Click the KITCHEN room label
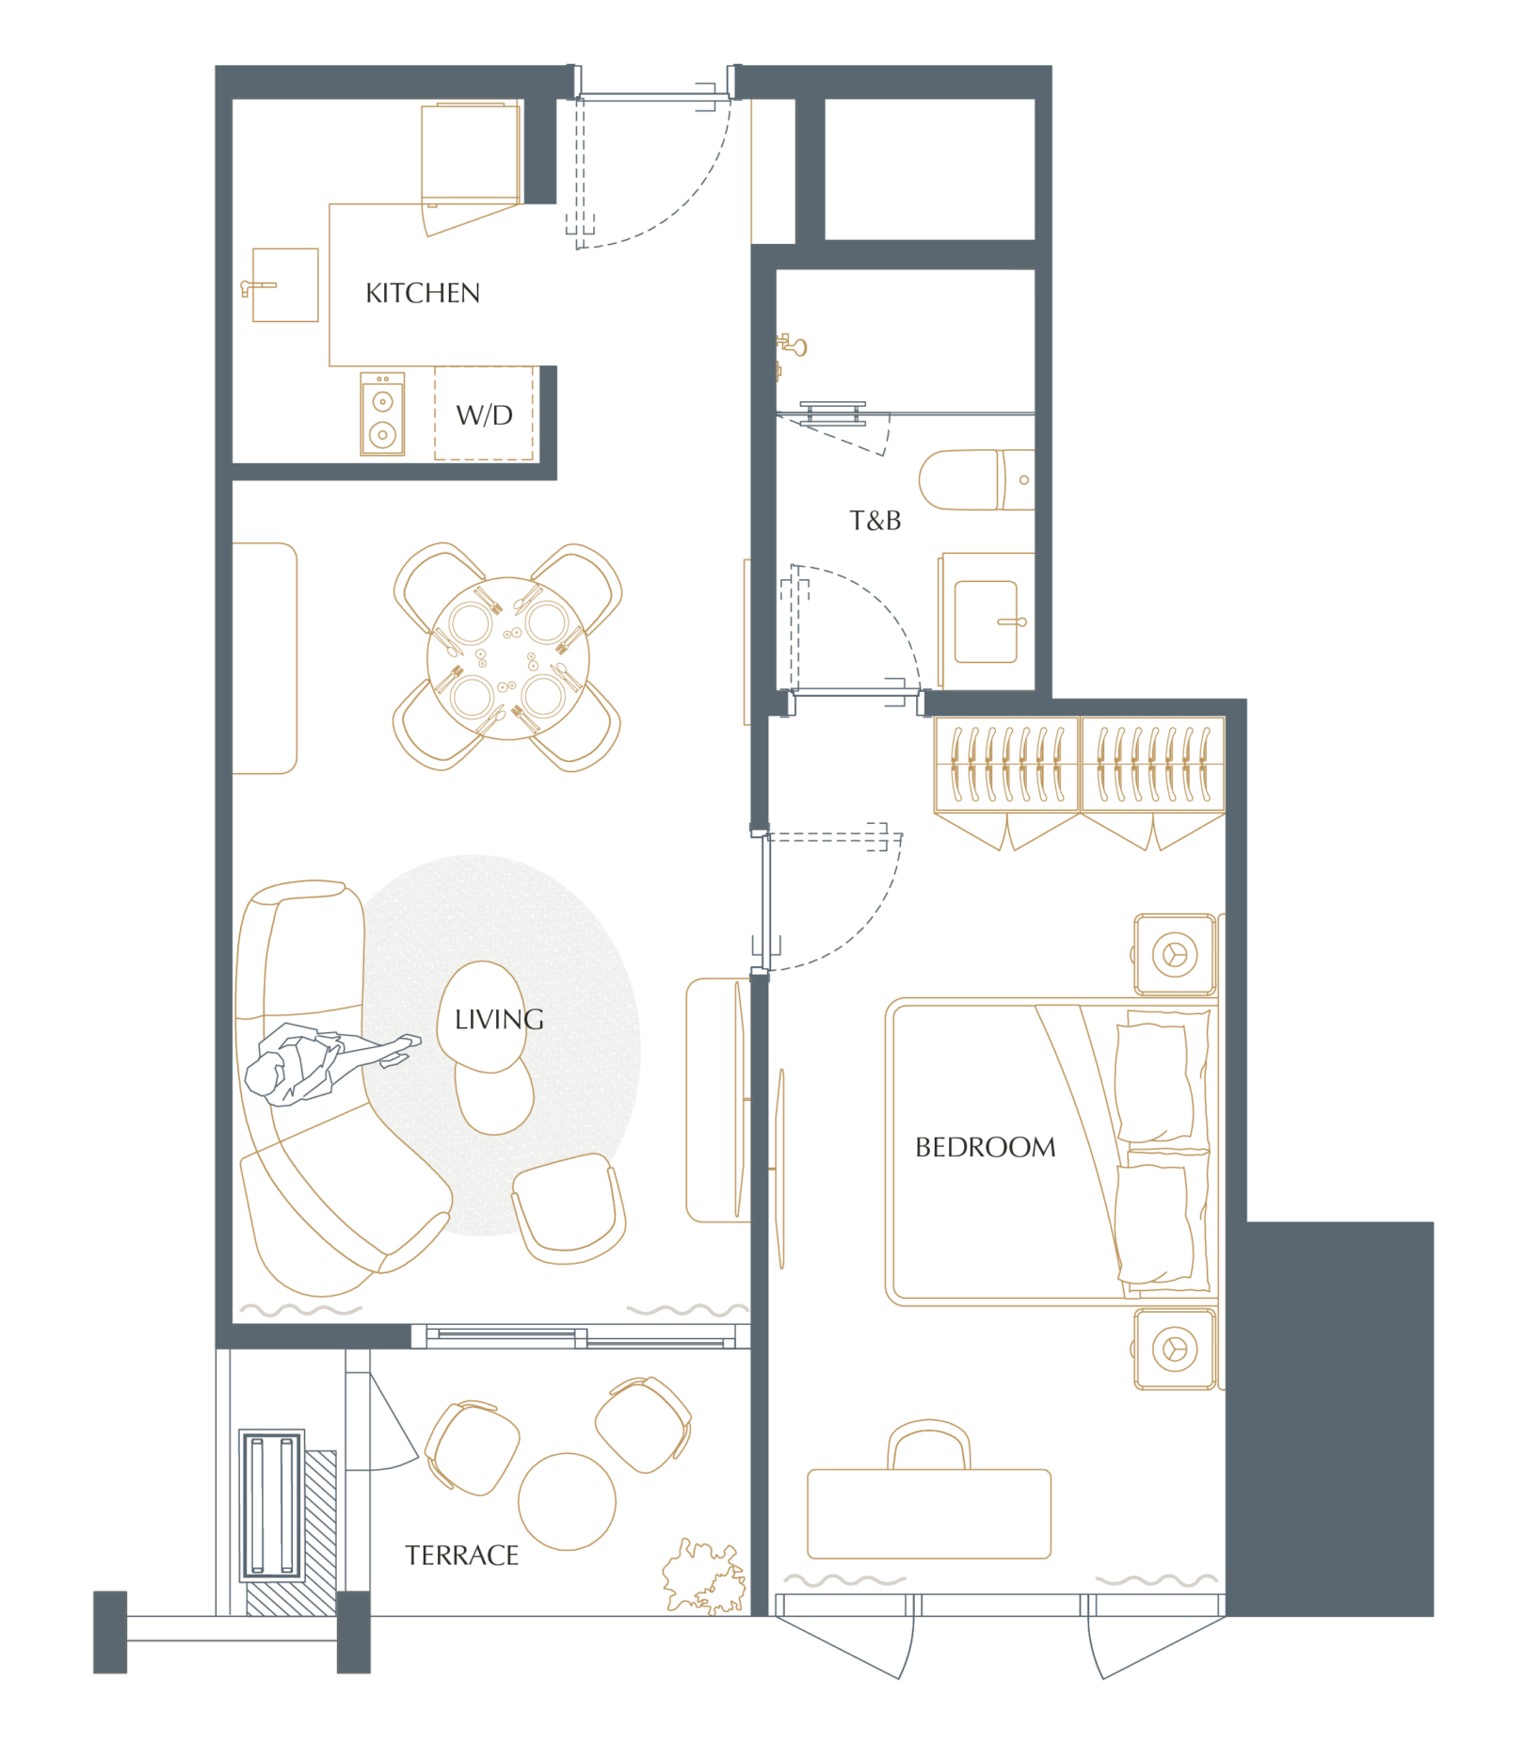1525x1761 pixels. coord(423,293)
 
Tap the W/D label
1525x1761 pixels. coord(484,415)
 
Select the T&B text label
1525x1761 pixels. coord(875,521)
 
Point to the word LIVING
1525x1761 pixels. coord(499,1019)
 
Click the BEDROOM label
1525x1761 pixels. coord(986,1147)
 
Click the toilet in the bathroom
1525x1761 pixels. coord(976,479)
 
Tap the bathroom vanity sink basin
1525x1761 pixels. coord(986,622)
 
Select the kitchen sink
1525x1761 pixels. coord(285,284)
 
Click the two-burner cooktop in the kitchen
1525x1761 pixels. coord(382,414)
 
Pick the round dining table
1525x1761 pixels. coord(508,658)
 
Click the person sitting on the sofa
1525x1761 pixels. coord(320,1063)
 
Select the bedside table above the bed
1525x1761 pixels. coord(1175,954)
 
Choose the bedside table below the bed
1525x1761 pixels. coord(1175,1349)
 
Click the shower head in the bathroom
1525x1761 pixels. coord(793,346)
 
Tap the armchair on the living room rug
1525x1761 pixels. coord(569,1208)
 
